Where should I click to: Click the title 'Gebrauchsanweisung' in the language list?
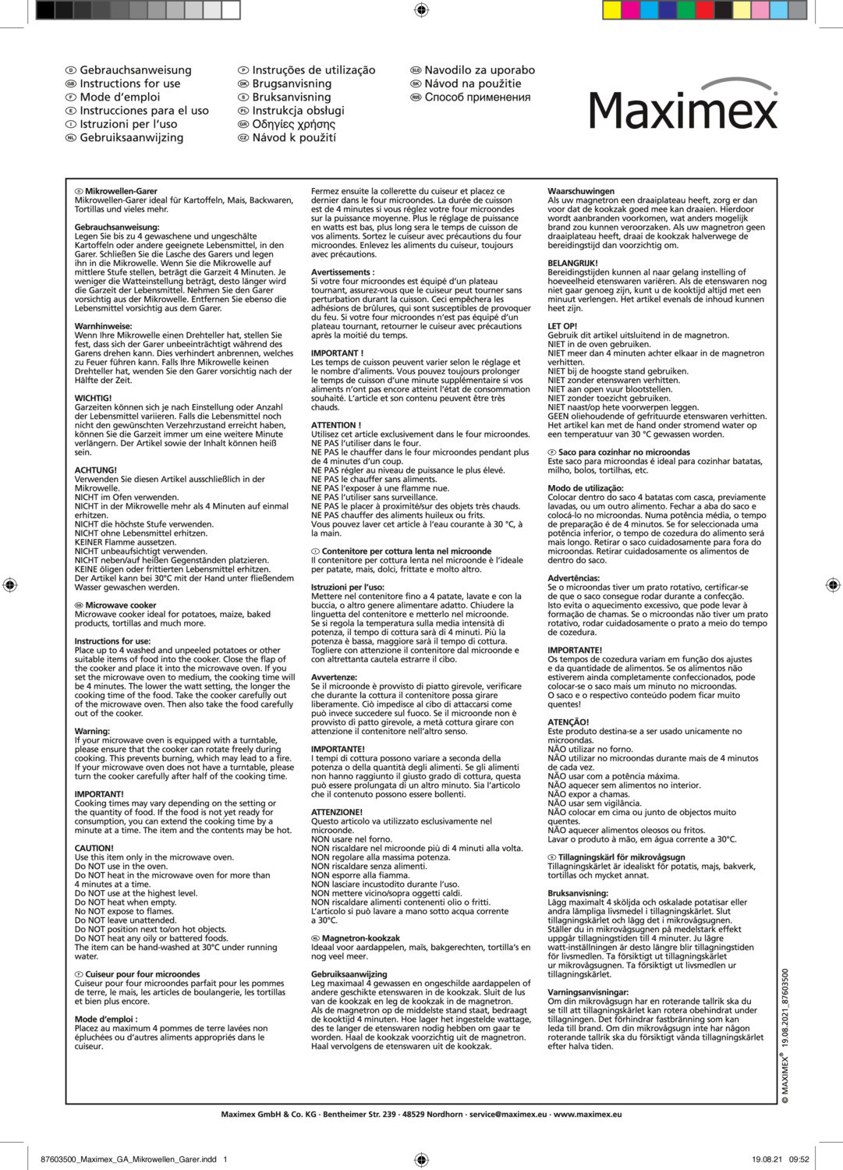click(135, 70)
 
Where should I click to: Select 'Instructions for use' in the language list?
click(129, 83)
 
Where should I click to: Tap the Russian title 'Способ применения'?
click(477, 97)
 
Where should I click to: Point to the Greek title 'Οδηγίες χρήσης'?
click(293, 124)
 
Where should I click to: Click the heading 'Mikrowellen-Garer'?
click(121, 191)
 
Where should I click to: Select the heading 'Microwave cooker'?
click(121, 605)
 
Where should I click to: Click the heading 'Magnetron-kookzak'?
click(360, 938)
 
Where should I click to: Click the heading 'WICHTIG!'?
click(93, 398)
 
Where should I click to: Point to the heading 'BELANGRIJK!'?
click(572, 264)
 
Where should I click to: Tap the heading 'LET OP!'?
click(562, 326)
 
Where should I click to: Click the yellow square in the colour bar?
click(612, 10)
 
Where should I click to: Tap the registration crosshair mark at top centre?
click(421, 9)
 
